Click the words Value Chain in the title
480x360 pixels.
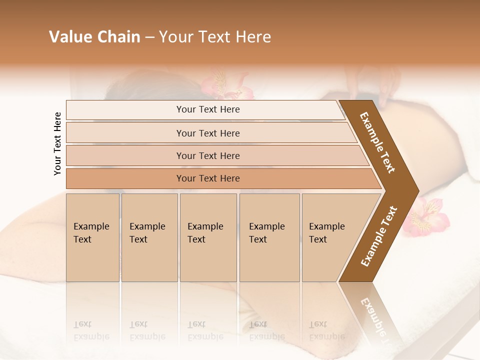94,37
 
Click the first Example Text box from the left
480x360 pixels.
92,237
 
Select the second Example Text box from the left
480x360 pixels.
149,237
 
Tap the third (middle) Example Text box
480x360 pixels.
208,237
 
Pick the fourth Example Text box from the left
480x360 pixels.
269,237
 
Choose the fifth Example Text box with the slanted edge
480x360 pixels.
330,237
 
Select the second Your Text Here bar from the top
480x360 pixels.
208,133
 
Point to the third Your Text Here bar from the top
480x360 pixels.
208,155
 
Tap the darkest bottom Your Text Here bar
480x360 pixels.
208,178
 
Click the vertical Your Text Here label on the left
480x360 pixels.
57,143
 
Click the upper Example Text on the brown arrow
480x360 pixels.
377,142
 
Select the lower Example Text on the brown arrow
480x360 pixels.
378,236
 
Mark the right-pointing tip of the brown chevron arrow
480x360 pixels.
417,190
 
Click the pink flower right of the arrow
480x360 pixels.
424,215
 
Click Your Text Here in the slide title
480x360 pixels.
215,37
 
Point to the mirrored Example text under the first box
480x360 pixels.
91,331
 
